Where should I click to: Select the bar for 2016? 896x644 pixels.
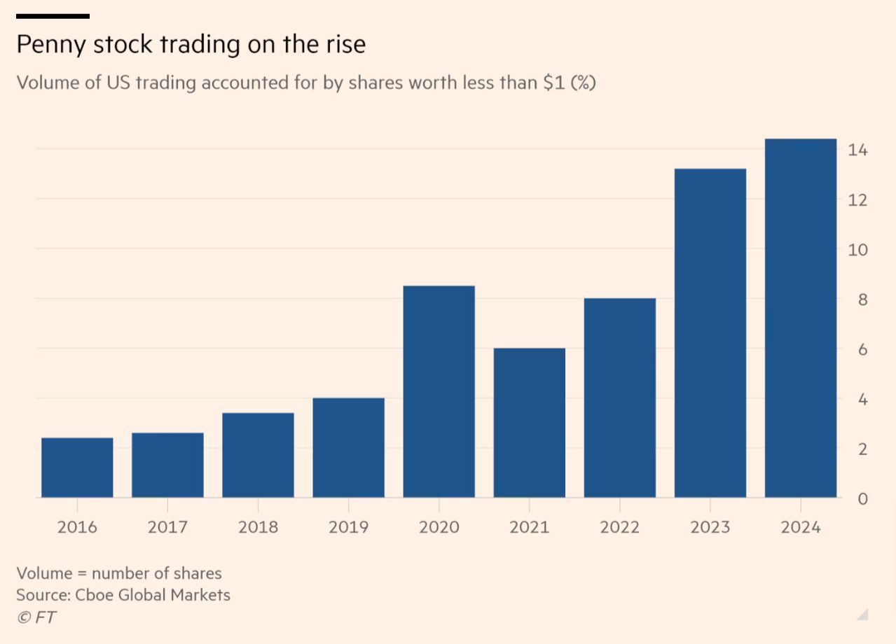[77, 468]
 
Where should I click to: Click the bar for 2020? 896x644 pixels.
[439, 392]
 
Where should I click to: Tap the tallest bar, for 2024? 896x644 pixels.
[801, 318]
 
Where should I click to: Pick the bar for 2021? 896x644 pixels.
[529, 423]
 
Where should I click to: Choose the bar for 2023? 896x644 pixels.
[710, 333]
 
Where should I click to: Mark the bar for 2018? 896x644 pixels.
[258, 455]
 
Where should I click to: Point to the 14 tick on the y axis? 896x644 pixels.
[857, 150]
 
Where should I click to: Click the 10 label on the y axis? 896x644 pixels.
[857, 250]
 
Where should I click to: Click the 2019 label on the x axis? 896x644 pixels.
[348, 527]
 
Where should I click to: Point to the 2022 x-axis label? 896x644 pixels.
[619, 527]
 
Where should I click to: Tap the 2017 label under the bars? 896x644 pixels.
[167, 527]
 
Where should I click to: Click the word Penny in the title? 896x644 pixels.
[53, 45]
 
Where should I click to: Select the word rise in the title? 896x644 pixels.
[344, 45]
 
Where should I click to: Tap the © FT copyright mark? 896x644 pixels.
[36, 617]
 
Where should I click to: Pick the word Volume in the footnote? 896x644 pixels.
[44, 573]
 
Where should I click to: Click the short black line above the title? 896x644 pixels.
[53, 15]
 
